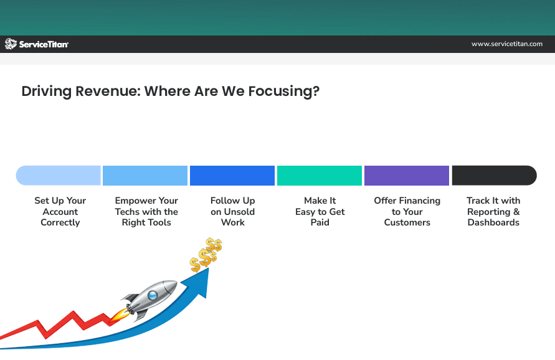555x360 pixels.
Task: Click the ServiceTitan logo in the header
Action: point(37,44)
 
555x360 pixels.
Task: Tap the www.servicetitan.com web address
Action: point(506,44)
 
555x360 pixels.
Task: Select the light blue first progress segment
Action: point(59,176)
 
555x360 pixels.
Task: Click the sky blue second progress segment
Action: point(145,176)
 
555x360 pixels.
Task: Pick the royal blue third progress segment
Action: point(232,176)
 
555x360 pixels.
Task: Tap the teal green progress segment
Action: point(320,176)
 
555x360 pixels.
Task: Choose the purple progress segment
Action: point(407,176)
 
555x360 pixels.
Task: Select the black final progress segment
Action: point(494,176)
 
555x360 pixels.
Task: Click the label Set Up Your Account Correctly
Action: point(60,212)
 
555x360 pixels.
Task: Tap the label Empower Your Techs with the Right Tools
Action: point(146,212)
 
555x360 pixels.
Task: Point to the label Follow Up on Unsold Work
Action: point(233,212)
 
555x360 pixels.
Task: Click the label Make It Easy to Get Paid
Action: point(320,212)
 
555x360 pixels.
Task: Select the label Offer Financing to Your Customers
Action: point(407,212)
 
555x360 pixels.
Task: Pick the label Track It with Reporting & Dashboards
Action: point(493,212)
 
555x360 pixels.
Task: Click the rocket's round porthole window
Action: point(153,295)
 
